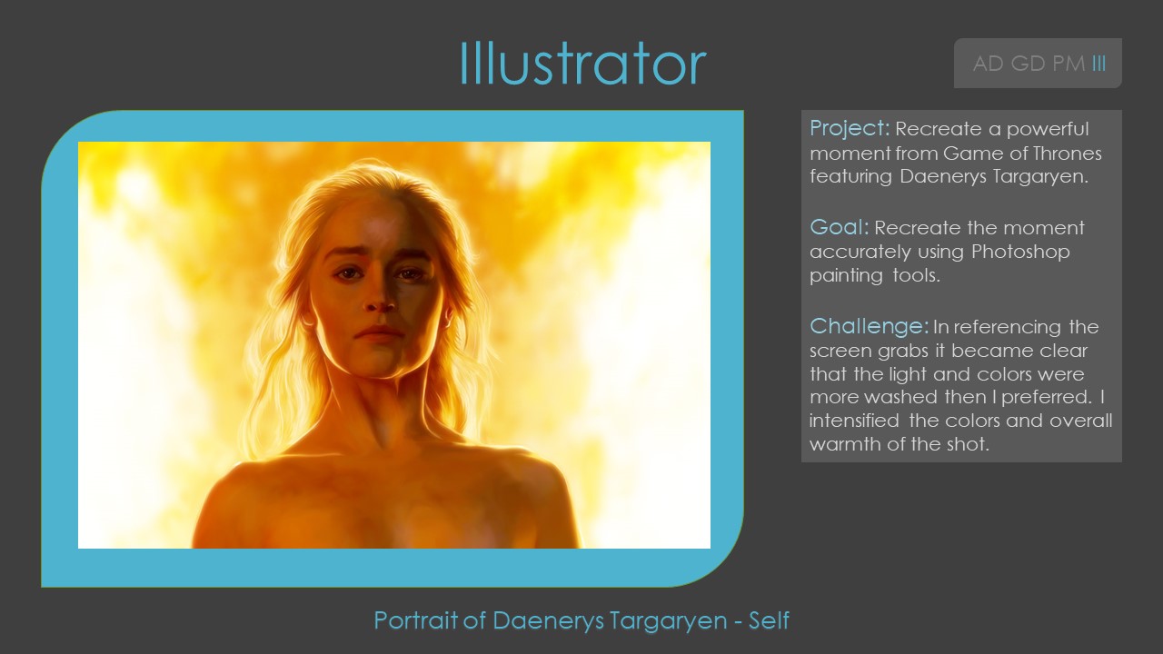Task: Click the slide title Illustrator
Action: point(582,64)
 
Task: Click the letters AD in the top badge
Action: point(987,64)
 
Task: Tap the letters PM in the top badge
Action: point(1069,64)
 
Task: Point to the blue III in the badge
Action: point(1099,64)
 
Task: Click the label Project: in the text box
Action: point(849,128)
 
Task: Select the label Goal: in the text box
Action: point(839,227)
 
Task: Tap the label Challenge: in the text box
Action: point(869,326)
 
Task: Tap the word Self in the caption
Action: point(769,620)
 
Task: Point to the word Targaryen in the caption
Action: point(668,620)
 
